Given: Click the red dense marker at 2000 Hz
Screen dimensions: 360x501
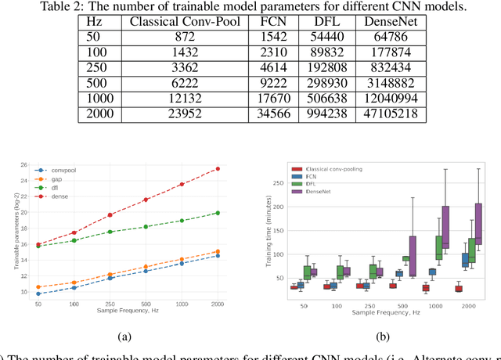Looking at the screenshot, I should pyautogui.click(x=217, y=168).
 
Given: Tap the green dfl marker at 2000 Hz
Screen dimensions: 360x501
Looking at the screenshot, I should pyautogui.click(x=217, y=213).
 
